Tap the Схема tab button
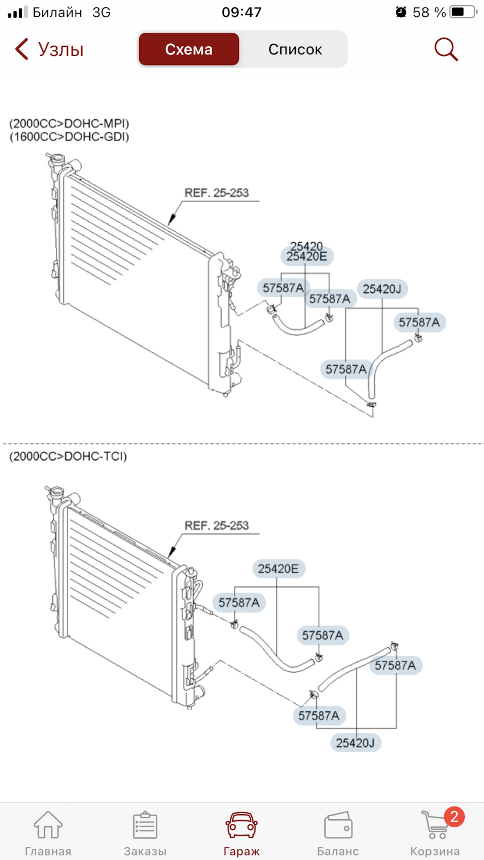(189, 49)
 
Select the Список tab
(295, 49)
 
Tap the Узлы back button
(49, 49)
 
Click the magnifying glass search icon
(446, 49)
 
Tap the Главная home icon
(48, 825)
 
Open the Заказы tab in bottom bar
(145, 825)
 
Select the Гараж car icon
(241, 825)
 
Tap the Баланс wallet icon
(338, 825)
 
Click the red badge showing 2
(454, 817)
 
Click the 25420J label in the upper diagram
(382, 289)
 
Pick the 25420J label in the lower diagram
(355, 743)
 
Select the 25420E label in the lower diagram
(278, 569)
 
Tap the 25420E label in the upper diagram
(307, 256)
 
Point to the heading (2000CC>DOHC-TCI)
(68, 456)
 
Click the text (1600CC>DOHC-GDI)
(69, 137)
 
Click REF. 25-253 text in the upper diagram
(217, 193)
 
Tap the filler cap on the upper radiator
(57, 159)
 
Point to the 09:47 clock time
(241, 12)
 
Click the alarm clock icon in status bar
(401, 12)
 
